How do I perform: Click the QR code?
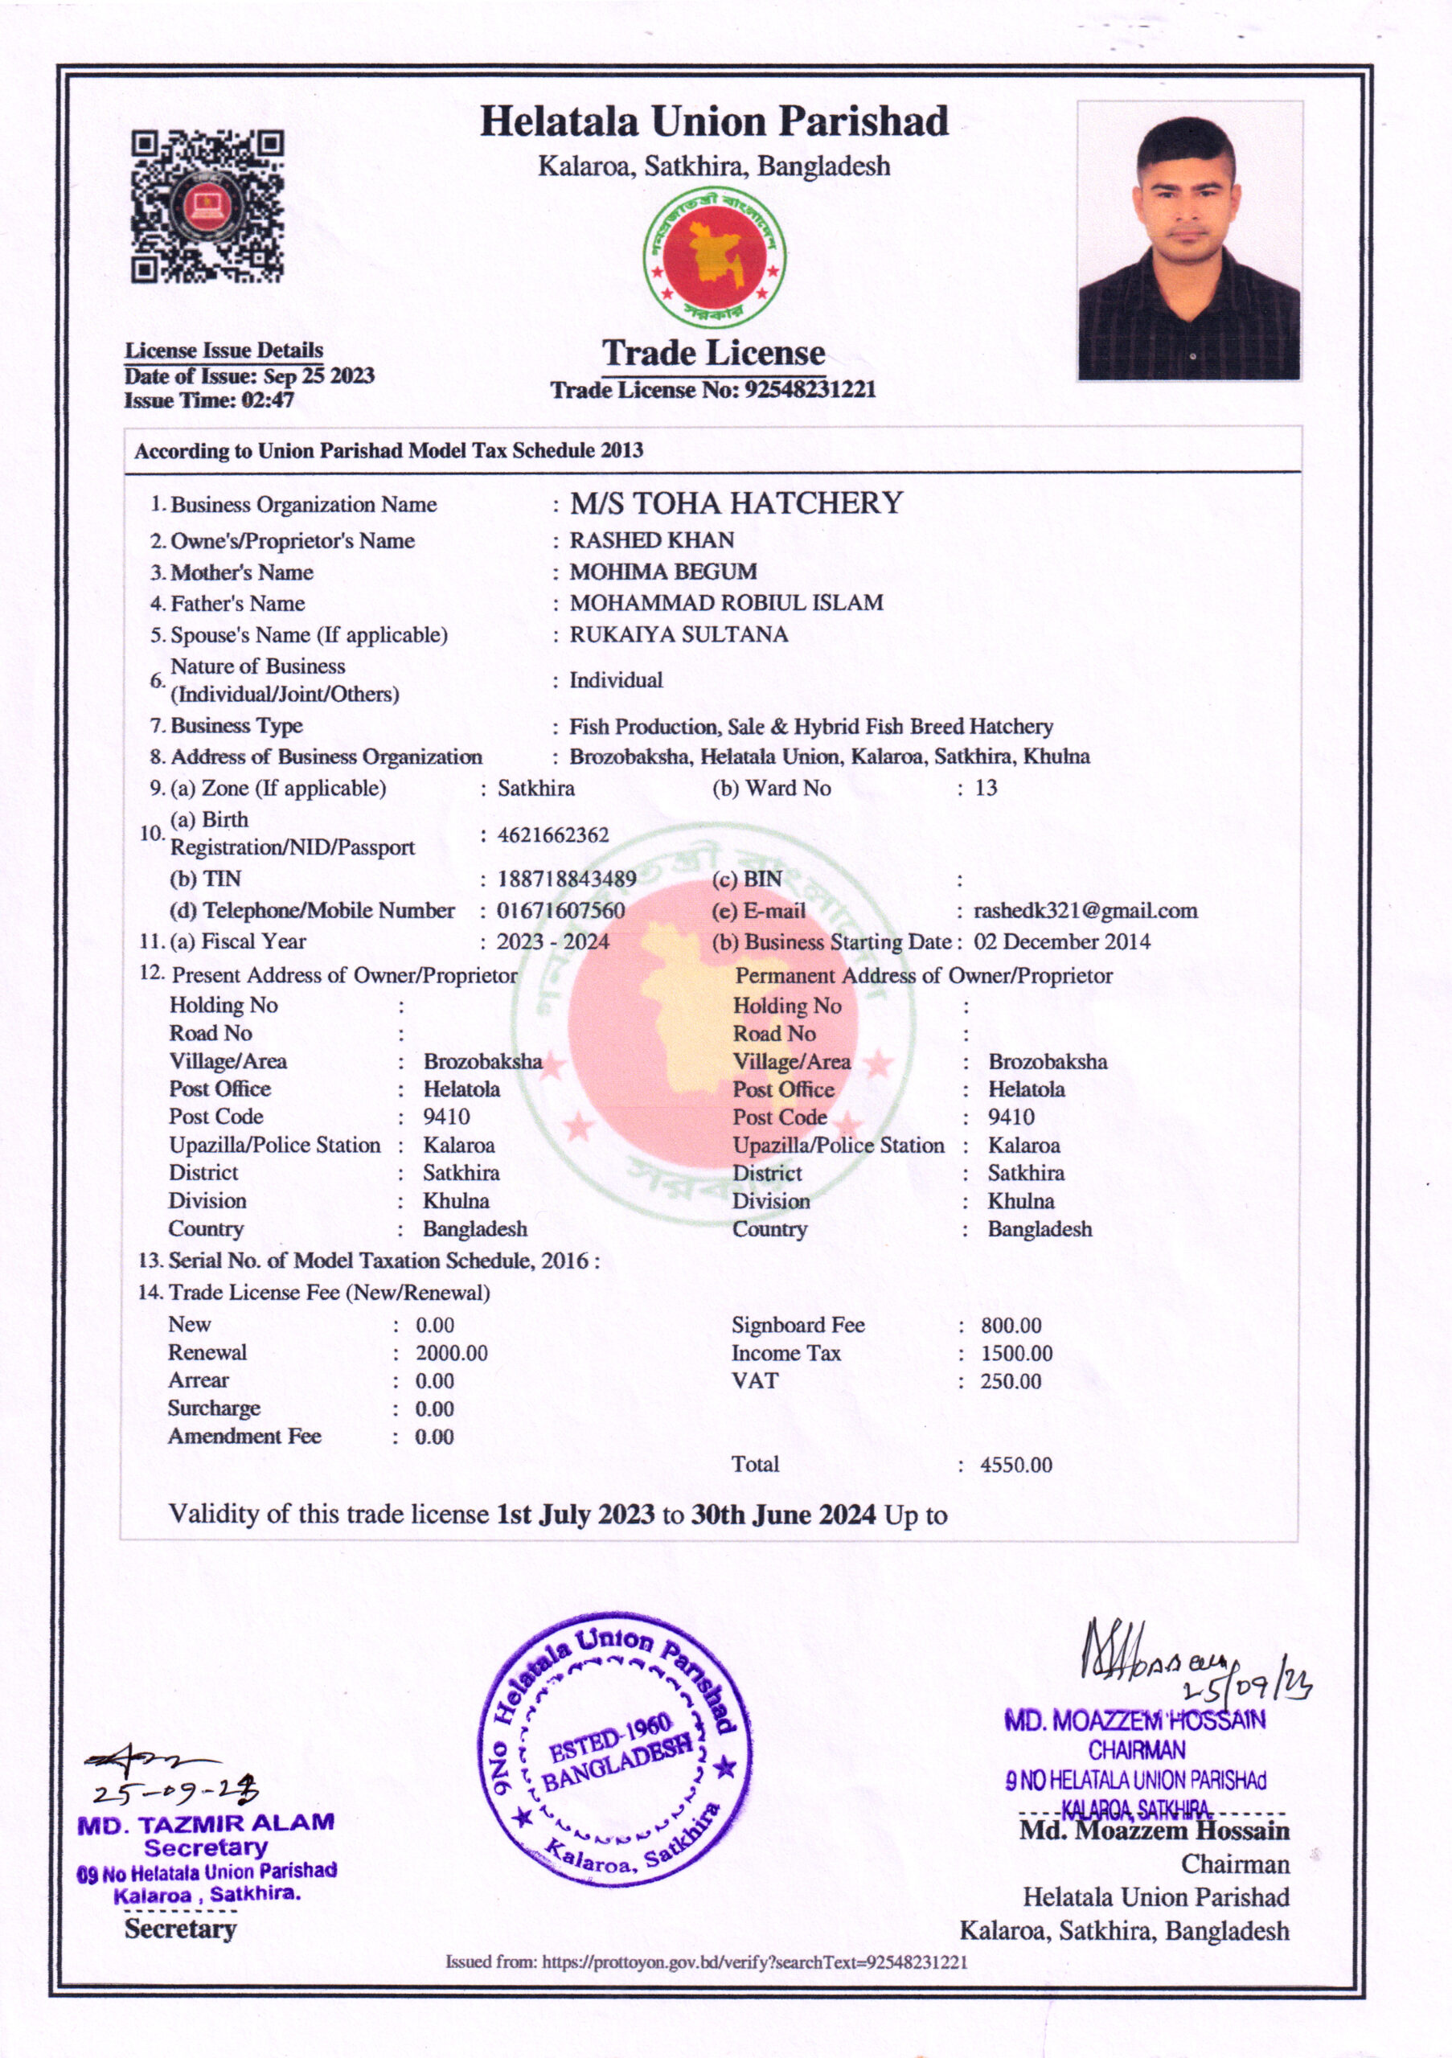tap(208, 207)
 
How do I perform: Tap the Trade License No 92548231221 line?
tap(712, 390)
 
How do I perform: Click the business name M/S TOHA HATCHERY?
tap(736, 504)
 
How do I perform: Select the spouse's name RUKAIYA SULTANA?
tap(679, 634)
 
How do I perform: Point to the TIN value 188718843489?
tap(567, 879)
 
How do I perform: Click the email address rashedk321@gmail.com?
tap(1085, 911)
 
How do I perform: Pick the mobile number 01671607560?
tap(561, 911)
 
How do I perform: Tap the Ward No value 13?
tap(986, 788)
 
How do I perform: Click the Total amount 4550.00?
tap(1015, 1465)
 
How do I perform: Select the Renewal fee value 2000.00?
tap(451, 1353)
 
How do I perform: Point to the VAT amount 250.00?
tap(1010, 1381)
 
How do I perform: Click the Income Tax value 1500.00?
tap(1015, 1354)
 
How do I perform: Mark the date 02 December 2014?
tap(1062, 942)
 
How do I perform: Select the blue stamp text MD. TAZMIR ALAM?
tap(205, 1824)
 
